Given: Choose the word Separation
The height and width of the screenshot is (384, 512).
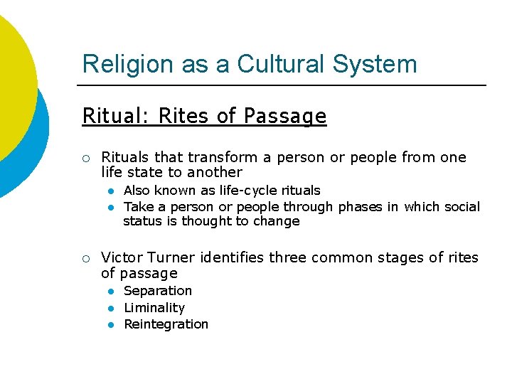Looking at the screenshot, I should (158, 291).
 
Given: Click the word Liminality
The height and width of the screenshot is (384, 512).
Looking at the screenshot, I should (154, 308).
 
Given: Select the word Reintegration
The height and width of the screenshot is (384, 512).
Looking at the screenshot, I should (166, 324).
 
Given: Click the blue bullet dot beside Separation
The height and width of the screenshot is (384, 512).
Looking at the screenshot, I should (111, 292).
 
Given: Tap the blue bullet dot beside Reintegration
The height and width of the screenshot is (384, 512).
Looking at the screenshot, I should (111, 325).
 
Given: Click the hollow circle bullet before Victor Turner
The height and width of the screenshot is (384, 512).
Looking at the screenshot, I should (85, 258).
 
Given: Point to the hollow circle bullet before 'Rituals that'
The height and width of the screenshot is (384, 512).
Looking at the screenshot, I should (85, 158).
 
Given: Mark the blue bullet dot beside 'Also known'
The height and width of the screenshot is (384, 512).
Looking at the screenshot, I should (111, 191).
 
